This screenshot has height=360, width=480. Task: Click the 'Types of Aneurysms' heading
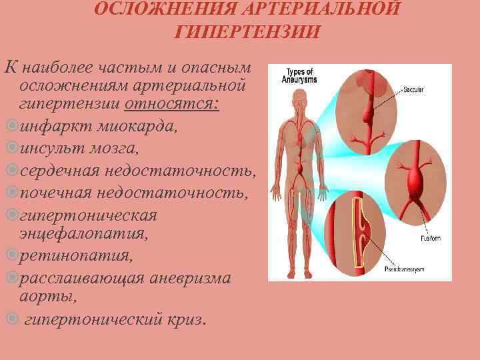coord(301,75)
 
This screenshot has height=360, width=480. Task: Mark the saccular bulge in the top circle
coord(368,114)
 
